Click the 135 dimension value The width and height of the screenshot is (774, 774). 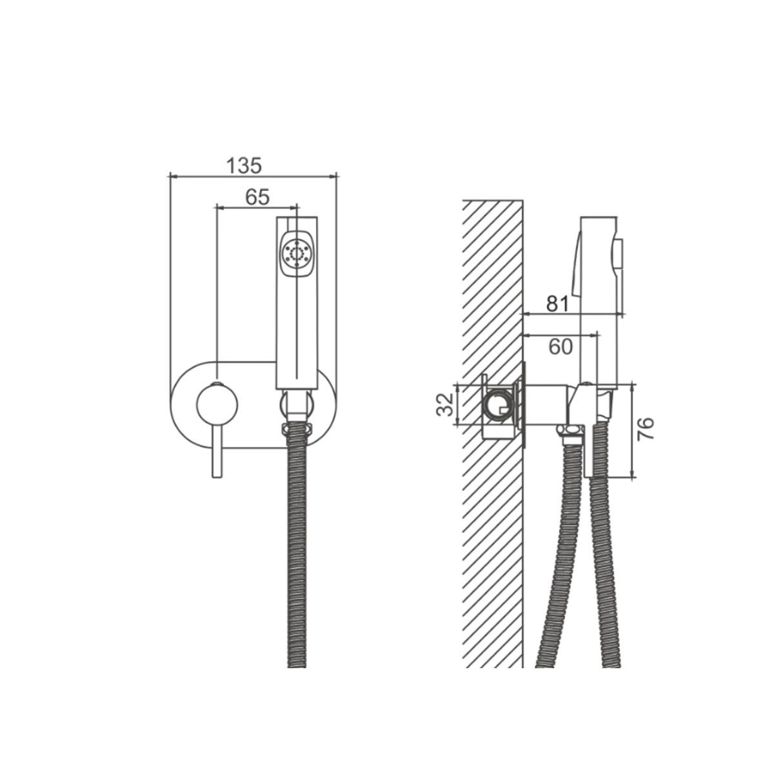(x=244, y=165)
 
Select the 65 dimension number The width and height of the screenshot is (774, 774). (x=257, y=197)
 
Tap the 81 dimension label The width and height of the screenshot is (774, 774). (x=557, y=304)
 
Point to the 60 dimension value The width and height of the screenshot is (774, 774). (x=561, y=346)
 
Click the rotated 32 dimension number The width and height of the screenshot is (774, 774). (x=444, y=404)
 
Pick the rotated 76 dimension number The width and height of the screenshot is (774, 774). (x=646, y=429)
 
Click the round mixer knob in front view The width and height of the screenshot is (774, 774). (x=217, y=404)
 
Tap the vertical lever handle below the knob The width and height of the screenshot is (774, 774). (x=217, y=451)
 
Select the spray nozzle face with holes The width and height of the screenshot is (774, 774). (x=297, y=253)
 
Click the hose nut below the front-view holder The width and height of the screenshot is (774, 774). (x=297, y=428)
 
